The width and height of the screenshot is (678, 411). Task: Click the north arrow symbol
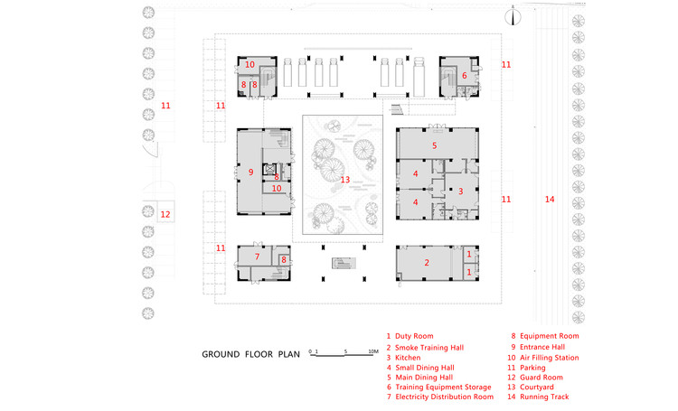tap(513, 14)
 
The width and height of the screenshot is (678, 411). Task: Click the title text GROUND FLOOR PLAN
tap(250, 353)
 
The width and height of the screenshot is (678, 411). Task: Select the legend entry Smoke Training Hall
tap(425, 347)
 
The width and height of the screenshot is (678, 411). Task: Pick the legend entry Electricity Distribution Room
tap(440, 397)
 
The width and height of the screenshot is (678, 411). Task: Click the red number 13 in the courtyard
tap(344, 180)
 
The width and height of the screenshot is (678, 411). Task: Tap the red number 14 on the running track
tap(549, 199)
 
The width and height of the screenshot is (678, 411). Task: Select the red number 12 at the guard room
tap(165, 215)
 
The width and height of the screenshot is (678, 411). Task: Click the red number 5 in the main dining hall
tap(434, 145)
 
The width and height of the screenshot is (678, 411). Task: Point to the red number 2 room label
tap(427, 263)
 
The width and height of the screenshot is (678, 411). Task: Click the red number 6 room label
tap(464, 76)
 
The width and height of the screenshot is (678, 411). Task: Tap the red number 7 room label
tap(257, 257)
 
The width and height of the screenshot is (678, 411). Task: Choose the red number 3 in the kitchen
tap(460, 191)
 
